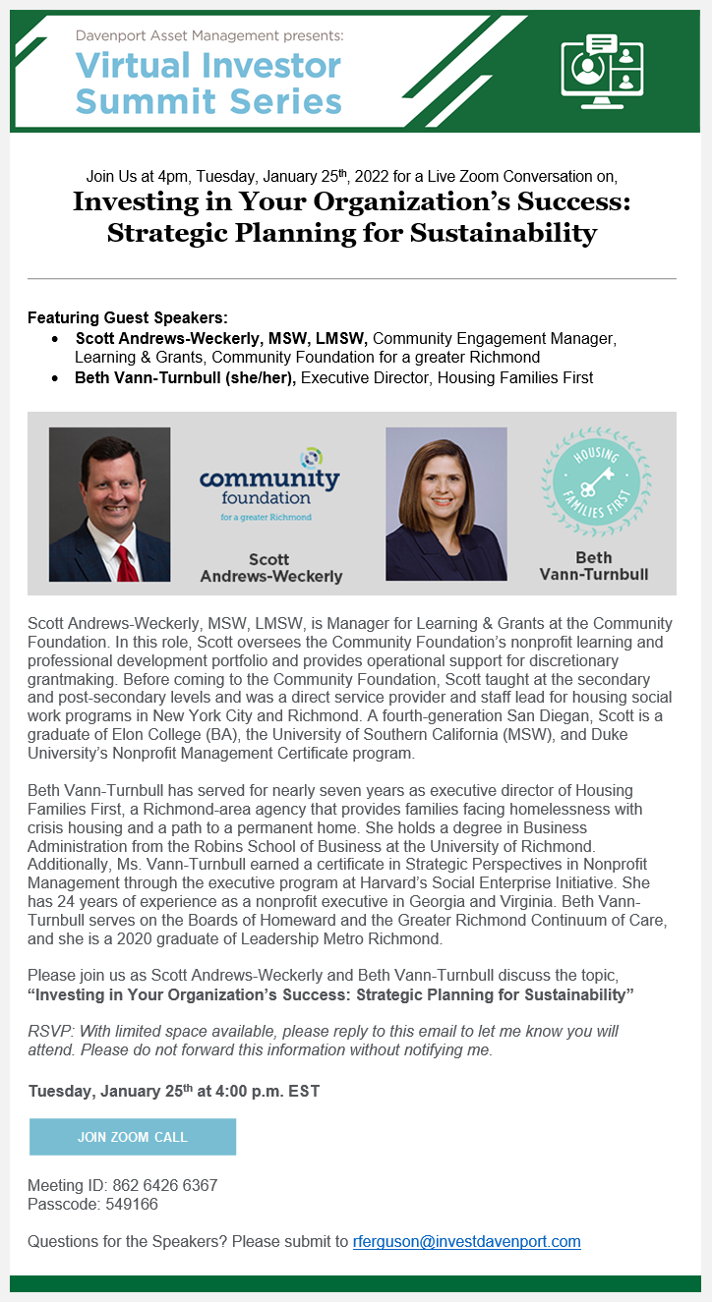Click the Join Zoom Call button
133,1137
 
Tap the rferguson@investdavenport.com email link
466,1241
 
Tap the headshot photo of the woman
445,503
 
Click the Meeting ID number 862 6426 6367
164,1186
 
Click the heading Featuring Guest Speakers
128,317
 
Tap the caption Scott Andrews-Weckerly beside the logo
270,568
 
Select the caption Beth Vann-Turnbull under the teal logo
593,566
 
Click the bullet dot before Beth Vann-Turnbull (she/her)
55,378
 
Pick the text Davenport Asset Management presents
209,35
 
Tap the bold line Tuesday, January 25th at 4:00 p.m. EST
173,1091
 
